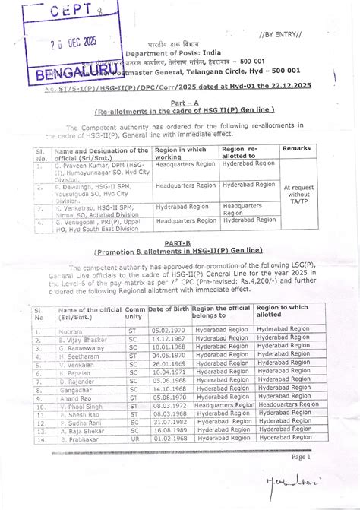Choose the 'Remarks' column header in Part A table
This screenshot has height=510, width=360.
[x=296, y=150]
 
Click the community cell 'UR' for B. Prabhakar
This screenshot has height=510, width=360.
[x=134, y=439]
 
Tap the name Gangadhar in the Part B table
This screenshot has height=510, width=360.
[x=76, y=388]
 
